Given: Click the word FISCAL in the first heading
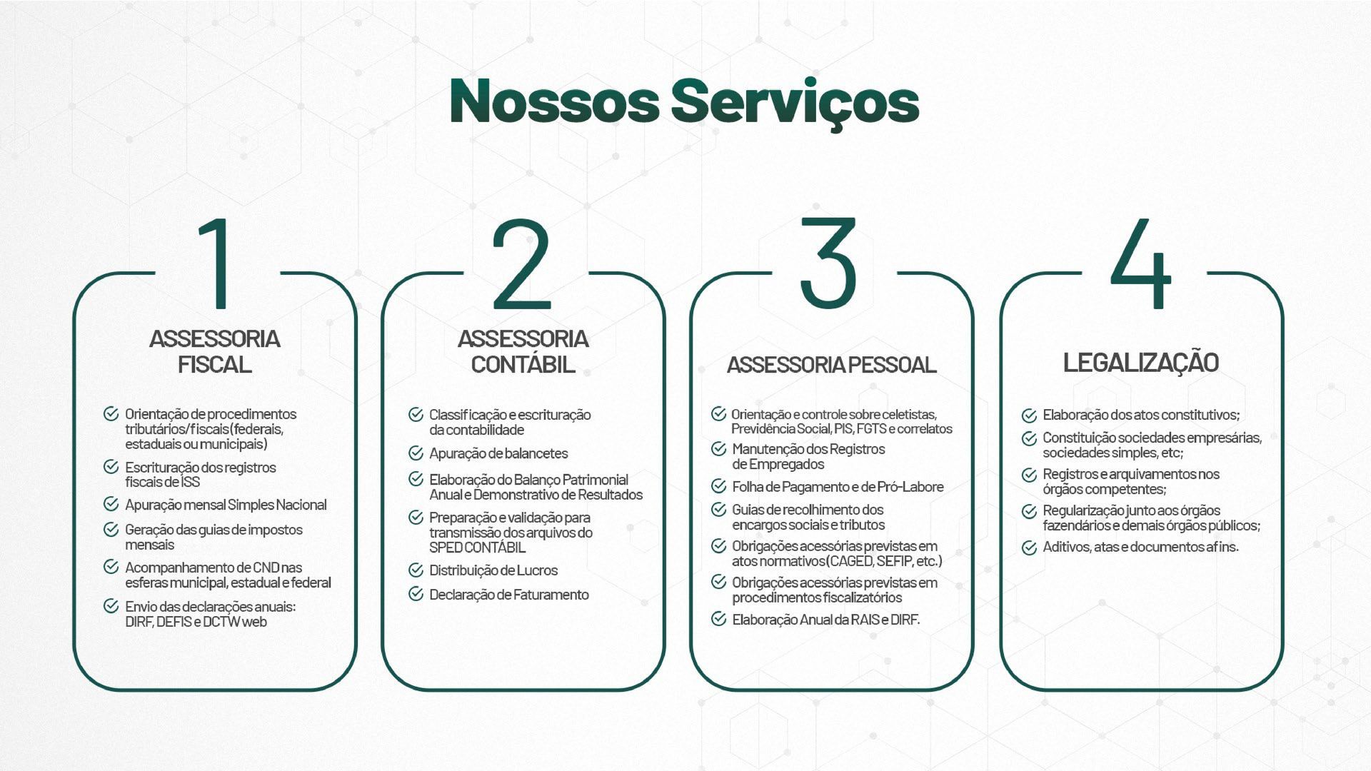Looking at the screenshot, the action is tap(214, 364).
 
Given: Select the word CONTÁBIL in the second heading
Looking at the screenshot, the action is tap(523, 363).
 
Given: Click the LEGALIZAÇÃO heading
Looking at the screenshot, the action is tap(1140, 362).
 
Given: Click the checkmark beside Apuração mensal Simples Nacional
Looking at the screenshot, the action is tap(111, 504).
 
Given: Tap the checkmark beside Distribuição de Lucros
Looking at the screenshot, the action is tap(416, 570).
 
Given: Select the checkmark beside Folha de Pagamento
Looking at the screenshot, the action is tap(718, 486).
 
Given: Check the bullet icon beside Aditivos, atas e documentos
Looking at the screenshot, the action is tap(1029, 548).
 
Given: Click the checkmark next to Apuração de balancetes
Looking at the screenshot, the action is tap(416, 453).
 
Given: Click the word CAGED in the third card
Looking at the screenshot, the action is tap(851, 561).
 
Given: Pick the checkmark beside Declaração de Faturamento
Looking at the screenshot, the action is tap(416, 594).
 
